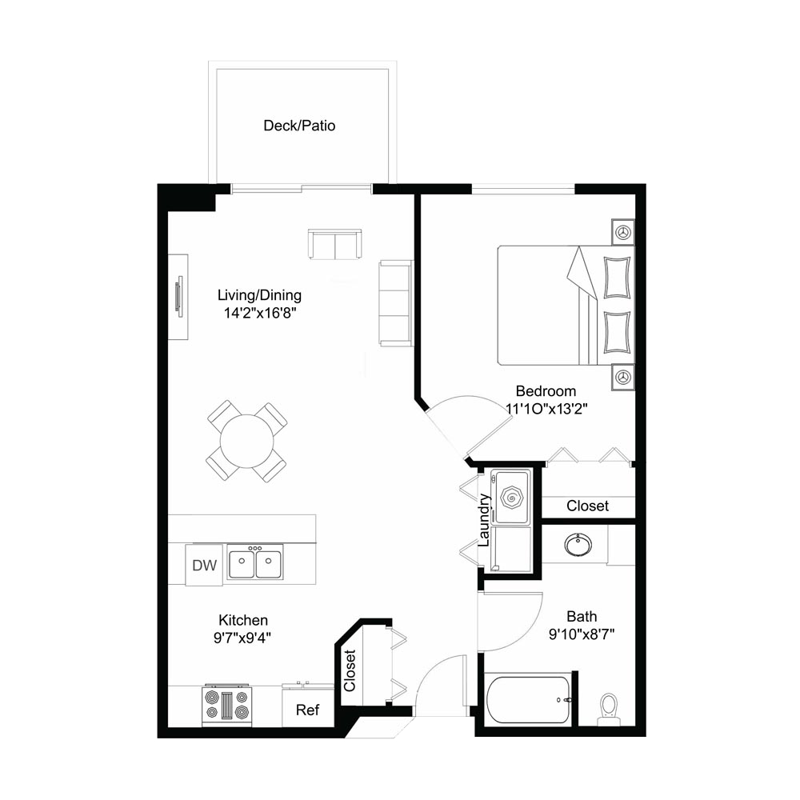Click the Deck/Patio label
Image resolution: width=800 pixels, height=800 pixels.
pyautogui.click(x=299, y=126)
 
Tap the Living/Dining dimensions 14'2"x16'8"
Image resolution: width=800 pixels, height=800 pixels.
pyautogui.click(x=260, y=313)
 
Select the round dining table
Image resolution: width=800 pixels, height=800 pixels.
pyautogui.click(x=247, y=441)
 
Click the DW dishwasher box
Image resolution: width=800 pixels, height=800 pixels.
pyautogui.click(x=204, y=565)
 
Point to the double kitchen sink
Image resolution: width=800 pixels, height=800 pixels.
pyautogui.click(x=254, y=562)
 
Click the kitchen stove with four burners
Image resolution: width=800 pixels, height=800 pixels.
pyautogui.click(x=227, y=705)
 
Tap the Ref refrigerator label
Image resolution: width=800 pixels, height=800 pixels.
pyautogui.click(x=308, y=710)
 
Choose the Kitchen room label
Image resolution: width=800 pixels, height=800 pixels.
pyautogui.click(x=243, y=620)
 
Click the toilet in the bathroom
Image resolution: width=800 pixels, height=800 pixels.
pyautogui.click(x=609, y=708)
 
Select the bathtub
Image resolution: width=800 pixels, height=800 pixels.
pyautogui.click(x=529, y=699)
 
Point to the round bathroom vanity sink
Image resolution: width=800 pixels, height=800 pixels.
pyautogui.click(x=578, y=544)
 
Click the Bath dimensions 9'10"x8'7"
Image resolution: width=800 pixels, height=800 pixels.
pyautogui.click(x=582, y=634)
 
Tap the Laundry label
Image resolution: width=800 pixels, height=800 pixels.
pyautogui.click(x=484, y=520)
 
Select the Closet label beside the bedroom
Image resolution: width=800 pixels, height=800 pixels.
pyautogui.click(x=588, y=506)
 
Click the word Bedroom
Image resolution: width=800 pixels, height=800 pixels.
pyautogui.click(x=546, y=391)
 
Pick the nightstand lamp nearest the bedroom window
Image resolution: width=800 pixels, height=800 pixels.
pyautogui.click(x=623, y=232)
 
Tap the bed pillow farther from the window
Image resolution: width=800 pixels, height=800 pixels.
pyautogui.click(x=617, y=332)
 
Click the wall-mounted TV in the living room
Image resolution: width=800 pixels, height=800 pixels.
pyautogui.click(x=179, y=296)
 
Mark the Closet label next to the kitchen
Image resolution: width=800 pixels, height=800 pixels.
pyautogui.click(x=350, y=670)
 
